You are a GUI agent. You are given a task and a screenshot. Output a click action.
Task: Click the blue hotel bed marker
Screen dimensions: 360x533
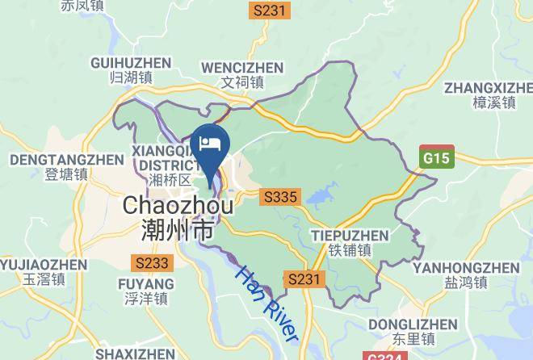[x=211, y=144]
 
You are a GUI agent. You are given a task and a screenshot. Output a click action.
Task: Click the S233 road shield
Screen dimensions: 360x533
[x=152, y=262]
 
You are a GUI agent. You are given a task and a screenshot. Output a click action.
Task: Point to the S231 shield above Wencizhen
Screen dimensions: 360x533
[x=269, y=10]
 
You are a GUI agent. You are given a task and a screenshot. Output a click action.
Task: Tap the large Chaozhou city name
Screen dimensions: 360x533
[x=178, y=206]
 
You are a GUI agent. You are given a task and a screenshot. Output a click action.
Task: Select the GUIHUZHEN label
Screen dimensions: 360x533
[x=132, y=63]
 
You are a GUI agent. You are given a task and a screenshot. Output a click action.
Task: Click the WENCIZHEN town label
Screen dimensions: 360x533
[x=242, y=67]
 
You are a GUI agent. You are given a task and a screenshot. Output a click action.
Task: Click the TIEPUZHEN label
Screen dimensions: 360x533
[x=350, y=236]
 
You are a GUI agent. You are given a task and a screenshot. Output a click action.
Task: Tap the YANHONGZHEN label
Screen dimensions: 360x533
[x=465, y=267]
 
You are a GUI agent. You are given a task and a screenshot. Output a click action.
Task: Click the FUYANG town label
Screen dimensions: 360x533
[x=146, y=284]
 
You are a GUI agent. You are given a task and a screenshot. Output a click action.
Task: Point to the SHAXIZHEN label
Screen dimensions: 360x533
[x=135, y=354]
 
